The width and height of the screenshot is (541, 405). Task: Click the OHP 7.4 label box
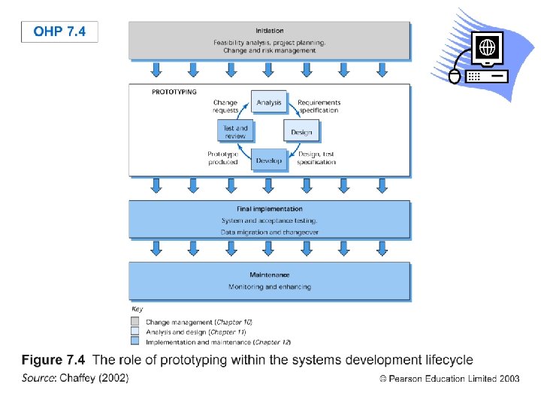click(x=59, y=31)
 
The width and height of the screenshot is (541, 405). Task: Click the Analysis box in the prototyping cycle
click(x=269, y=103)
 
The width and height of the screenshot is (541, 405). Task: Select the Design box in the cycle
click(x=301, y=132)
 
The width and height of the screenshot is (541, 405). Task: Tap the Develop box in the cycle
click(x=268, y=160)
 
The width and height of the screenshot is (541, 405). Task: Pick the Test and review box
click(x=235, y=132)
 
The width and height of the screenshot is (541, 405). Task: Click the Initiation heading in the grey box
click(x=269, y=31)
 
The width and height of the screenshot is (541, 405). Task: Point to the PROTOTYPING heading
click(x=174, y=92)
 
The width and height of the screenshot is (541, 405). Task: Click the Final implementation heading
click(x=269, y=209)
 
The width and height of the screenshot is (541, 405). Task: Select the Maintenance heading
click(x=269, y=275)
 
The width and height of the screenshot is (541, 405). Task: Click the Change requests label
click(x=225, y=106)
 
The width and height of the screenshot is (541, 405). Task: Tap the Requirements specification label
click(x=319, y=106)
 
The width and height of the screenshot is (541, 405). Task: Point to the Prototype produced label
click(x=222, y=158)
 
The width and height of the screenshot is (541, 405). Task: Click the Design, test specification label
click(x=316, y=158)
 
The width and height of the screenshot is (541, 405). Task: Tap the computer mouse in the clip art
click(x=453, y=76)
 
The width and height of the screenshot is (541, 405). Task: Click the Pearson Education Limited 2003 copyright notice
click(x=449, y=379)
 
